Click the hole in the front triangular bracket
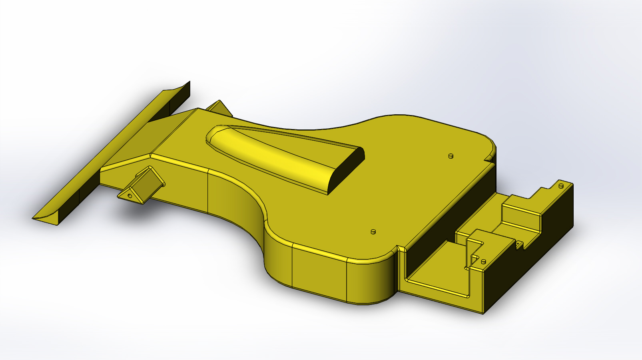(130, 196)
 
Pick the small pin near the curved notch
(451, 156)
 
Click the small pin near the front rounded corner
(373, 232)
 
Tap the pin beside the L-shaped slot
(483, 262)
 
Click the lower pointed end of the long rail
(44, 219)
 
